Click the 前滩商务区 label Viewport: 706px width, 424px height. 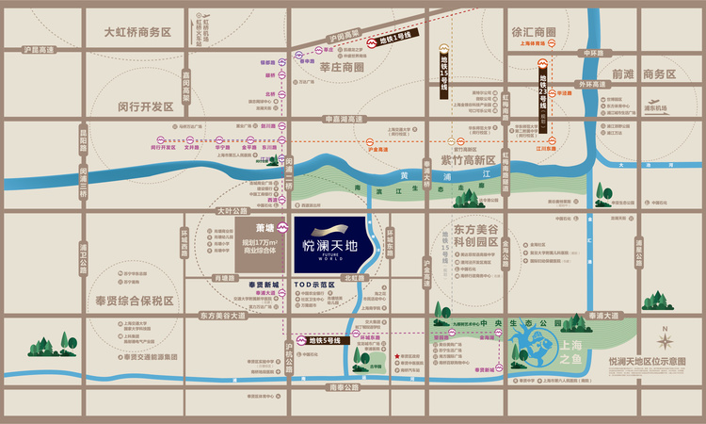click(644, 73)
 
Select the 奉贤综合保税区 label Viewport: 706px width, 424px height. click(135, 301)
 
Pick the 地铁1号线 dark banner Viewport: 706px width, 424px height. click(393, 41)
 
